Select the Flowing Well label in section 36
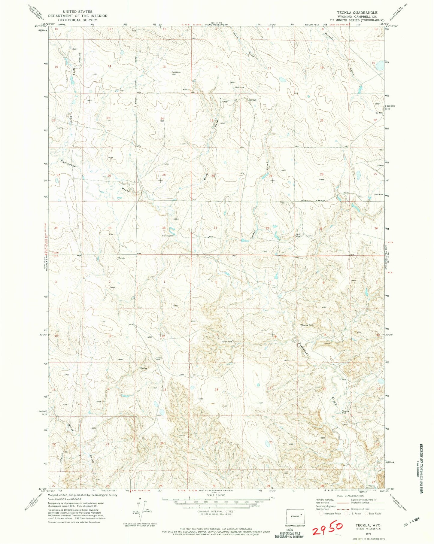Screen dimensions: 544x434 click(x=168, y=236)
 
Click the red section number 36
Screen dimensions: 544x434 click(x=164, y=228)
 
